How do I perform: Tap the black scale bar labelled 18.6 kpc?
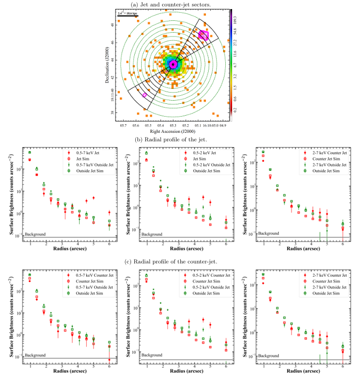pos(128,16)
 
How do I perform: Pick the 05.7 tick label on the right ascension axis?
pos(124,125)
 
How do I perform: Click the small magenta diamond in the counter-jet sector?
pos(144,94)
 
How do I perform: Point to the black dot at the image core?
pos(173,64)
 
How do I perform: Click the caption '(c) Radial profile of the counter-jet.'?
pos(180,261)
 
